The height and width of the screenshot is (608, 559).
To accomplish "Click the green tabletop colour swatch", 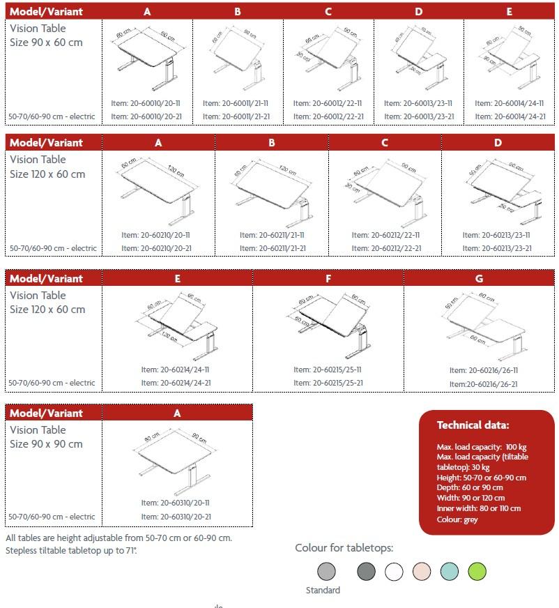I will [477, 572].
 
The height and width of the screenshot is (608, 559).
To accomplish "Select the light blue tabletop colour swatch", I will [450, 572].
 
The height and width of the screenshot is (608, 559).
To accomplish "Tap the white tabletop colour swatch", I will [395, 572].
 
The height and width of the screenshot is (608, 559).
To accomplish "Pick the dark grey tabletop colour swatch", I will [366, 572].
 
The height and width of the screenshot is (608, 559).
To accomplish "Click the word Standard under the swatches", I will [323, 591].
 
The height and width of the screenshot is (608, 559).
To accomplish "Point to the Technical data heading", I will [473, 425].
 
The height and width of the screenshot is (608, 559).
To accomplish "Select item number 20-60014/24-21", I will [510, 116].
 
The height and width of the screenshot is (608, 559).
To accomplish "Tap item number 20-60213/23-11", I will [496, 235].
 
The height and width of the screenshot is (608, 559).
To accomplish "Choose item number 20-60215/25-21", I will [328, 383].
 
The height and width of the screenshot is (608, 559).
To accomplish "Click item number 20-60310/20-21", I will [176, 517].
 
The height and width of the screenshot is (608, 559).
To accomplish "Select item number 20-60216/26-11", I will [484, 370].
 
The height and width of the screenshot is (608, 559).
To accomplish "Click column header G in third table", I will [479, 278].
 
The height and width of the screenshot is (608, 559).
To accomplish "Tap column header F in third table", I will [328, 278].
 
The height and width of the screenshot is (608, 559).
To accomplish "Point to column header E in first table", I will [510, 12].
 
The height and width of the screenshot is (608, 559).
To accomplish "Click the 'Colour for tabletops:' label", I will [344, 548].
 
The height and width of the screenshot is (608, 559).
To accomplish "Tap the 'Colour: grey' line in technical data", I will [457, 519].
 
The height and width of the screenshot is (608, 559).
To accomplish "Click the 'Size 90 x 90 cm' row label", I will [46, 444].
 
